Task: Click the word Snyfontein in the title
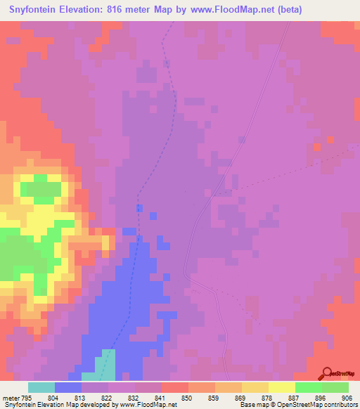pyautogui.click(x=39, y=10)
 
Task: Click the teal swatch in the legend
pyautogui.click(x=41, y=387)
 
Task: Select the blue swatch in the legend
pyautogui.click(x=68, y=387)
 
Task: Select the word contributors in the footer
pyautogui.click(x=340, y=405)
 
